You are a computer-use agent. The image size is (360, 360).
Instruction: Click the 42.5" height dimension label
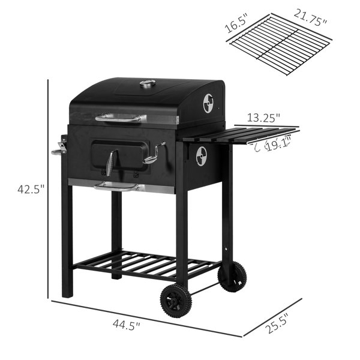point(31,190)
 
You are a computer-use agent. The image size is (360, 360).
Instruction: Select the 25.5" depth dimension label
point(276,324)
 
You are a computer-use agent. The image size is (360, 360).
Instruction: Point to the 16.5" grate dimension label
point(236,23)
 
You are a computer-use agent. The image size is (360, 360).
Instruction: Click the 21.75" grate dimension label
point(310,17)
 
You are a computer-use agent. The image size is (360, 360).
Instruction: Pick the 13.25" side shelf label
point(263,118)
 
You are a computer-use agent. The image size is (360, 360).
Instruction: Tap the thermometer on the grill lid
point(148,83)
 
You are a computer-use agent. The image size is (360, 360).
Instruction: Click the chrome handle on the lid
point(118,118)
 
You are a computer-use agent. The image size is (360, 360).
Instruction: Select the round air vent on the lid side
point(208,103)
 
